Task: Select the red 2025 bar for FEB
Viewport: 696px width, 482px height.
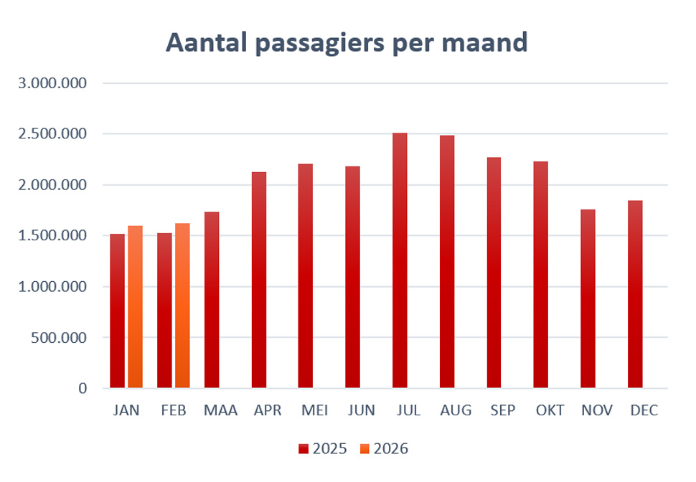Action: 164,311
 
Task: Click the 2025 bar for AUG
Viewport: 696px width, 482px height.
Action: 447,262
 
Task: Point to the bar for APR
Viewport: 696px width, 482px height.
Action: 259,280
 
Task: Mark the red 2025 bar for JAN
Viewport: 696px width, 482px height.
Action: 117,311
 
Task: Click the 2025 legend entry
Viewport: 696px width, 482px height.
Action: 322,449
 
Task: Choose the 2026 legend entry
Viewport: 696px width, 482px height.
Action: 384,449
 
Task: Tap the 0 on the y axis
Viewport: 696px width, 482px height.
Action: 83,388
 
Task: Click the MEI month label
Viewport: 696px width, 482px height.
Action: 314,411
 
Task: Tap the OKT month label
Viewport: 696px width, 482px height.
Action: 550,411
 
